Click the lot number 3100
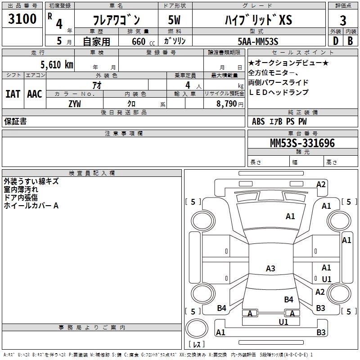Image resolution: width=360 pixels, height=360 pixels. (x=22, y=19)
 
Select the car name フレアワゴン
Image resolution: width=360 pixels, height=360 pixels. (x=116, y=20)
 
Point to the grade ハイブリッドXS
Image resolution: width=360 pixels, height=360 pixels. (x=258, y=20)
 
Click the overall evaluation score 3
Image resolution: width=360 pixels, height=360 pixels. (x=343, y=21)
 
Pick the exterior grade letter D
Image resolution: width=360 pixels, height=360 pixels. (x=335, y=41)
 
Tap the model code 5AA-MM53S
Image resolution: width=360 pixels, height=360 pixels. (x=258, y=41)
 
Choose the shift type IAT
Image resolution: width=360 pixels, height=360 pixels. (x=13, y=94)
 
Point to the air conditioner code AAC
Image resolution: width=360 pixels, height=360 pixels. (x=35, y=94)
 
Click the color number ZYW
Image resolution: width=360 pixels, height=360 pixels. (x=75, y=103)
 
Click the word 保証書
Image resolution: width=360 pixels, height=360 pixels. (x=15, y=121)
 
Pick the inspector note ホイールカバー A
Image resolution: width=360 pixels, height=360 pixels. (x=31, y=206)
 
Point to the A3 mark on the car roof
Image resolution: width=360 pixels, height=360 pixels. (x=270, y=269)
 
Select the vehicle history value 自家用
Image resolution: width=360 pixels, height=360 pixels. (x=97, y=41)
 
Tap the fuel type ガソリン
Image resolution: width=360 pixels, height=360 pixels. (x=175, y=41)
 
